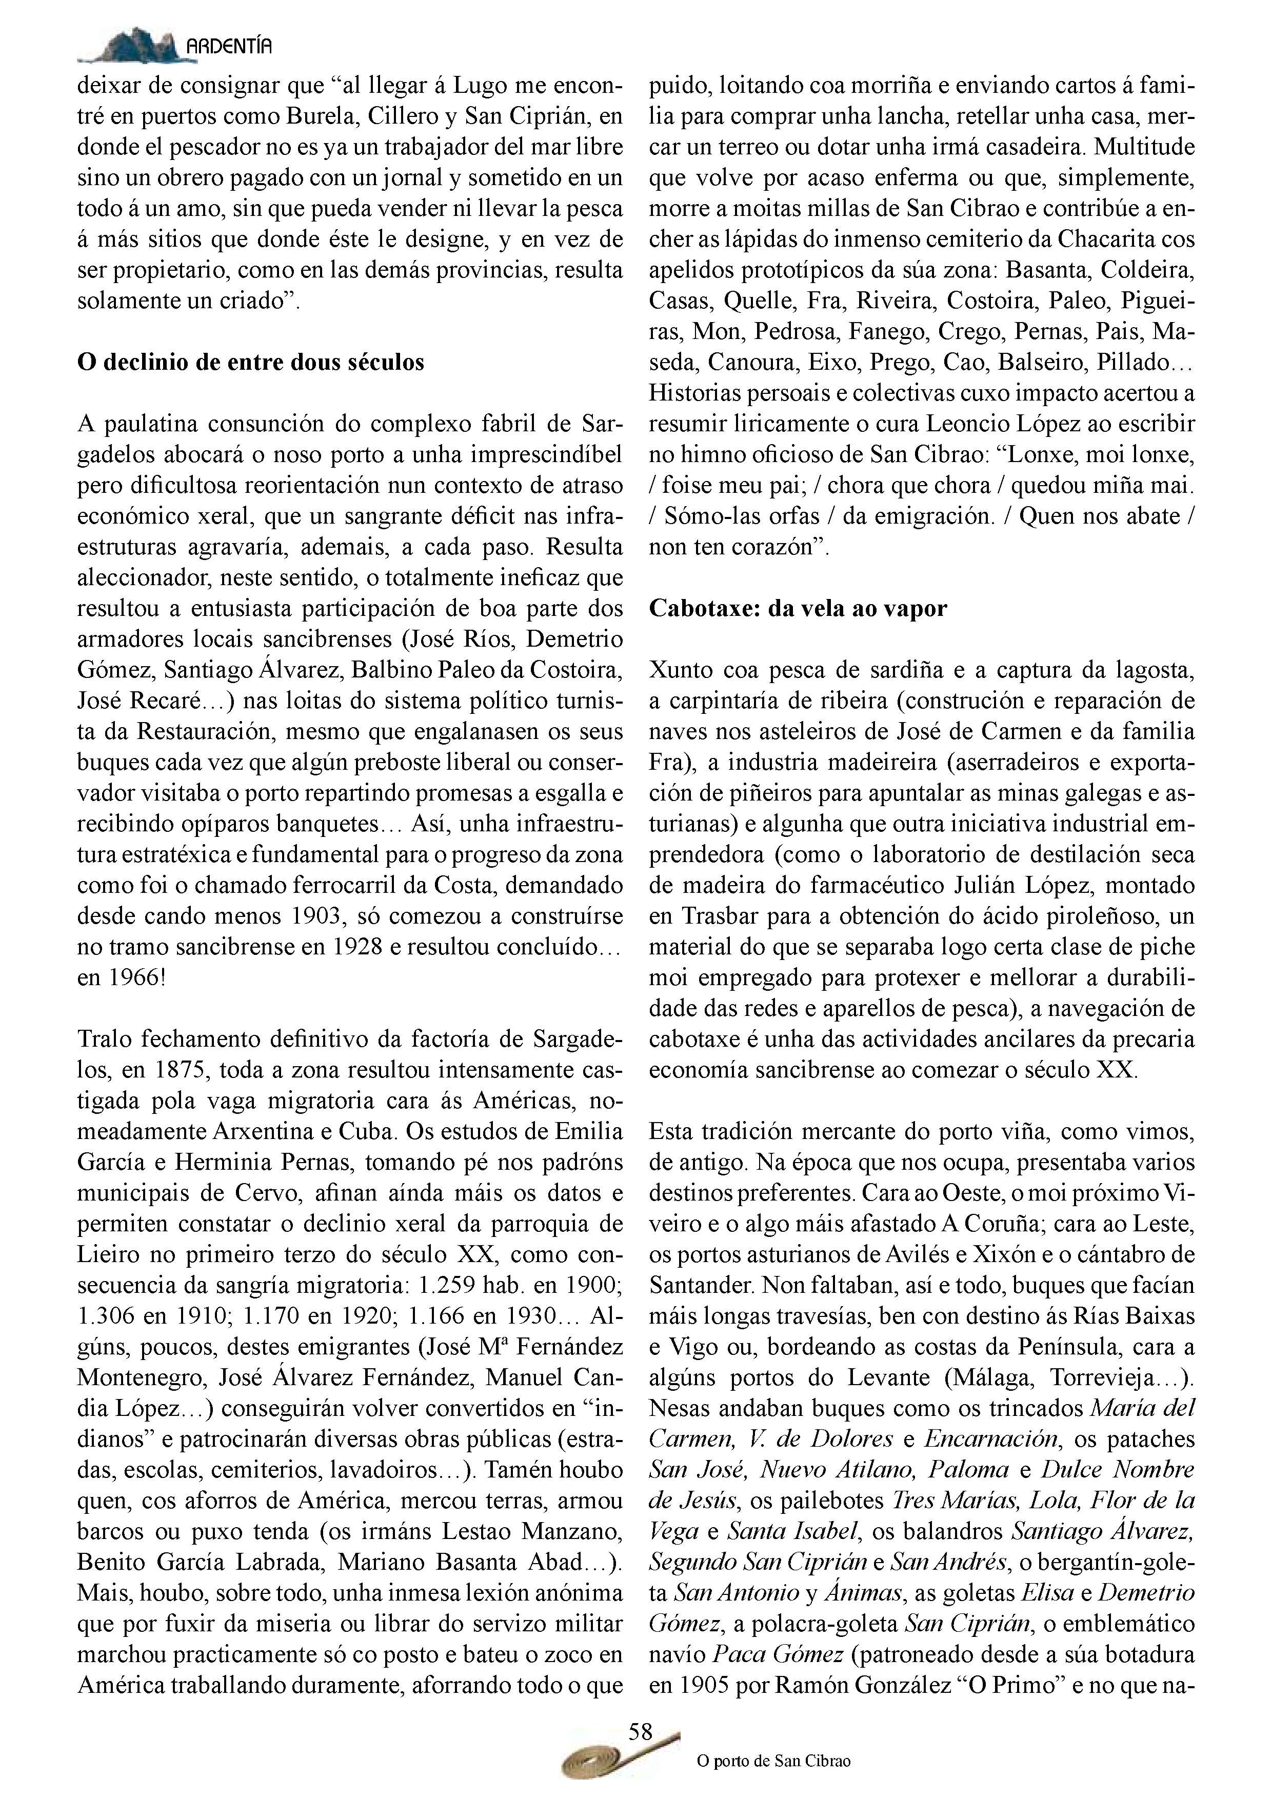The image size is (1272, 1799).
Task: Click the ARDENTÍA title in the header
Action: click(x=229, y=47)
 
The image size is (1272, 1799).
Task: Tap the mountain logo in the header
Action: click(x=129, y=46)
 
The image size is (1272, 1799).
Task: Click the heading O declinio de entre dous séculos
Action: click(x=251, y=362)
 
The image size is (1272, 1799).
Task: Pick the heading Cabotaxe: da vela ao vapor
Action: click(x=798, y=609)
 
